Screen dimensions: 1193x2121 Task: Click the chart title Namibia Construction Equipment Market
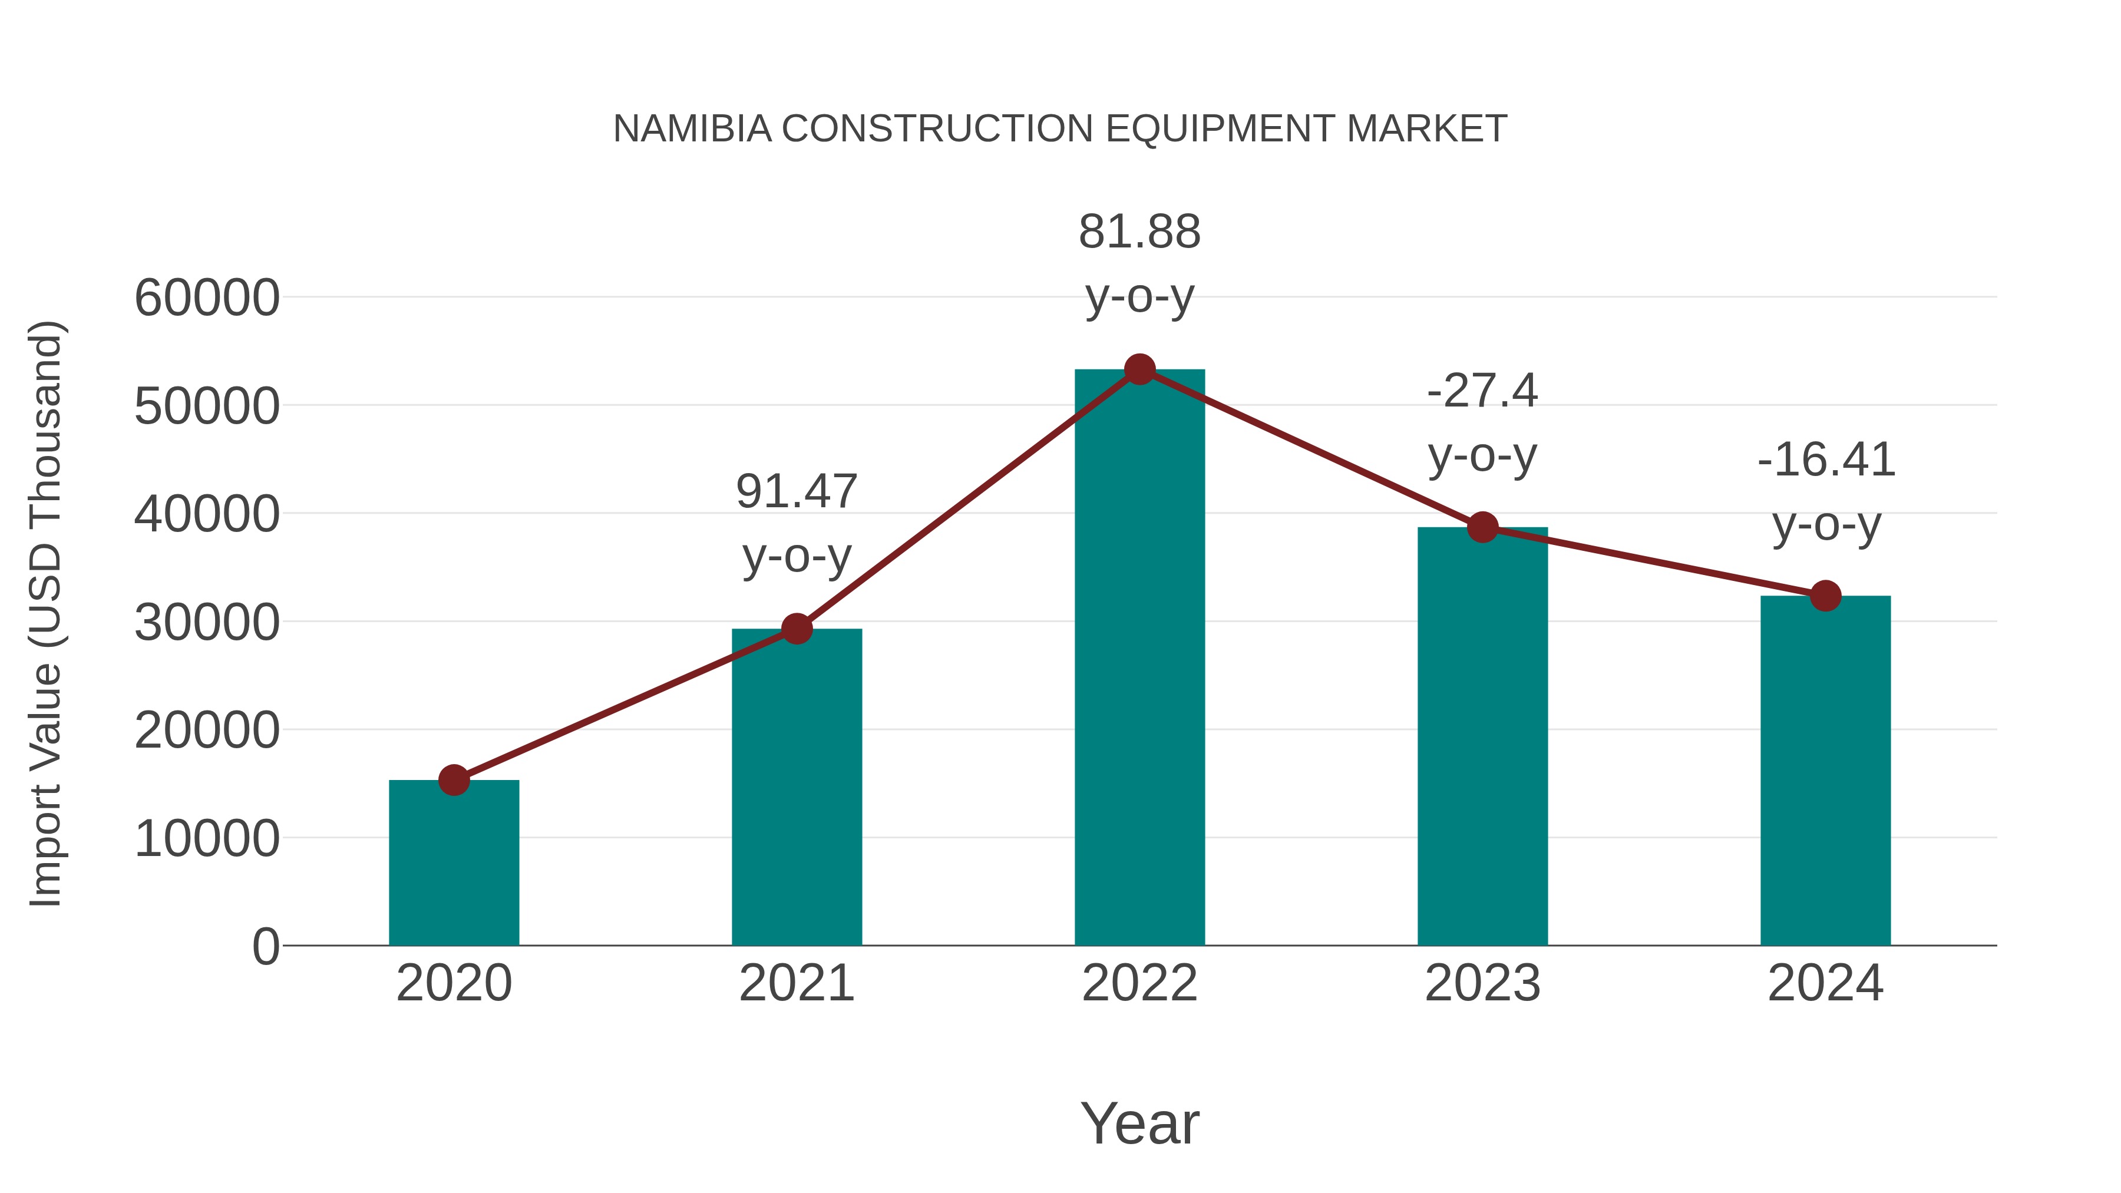click(x=1060, y=129)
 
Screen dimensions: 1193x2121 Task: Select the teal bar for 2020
click(x=454, y=864)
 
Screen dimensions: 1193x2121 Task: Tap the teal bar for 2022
click(x=1139, y=659)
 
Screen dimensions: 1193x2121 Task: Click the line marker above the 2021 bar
click(x=796, y=629)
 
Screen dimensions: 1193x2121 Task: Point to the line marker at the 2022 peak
click(x=1139, y=369)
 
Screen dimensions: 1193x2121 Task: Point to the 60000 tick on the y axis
click(x=207, y=298)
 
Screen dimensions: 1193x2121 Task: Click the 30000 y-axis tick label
click(x=207, y=623)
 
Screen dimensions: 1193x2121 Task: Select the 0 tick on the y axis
click(x=265, y=947)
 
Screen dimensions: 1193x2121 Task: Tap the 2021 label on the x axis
click(x=796, y=983)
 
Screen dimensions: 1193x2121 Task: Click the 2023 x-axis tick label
click(x=1482, y=983)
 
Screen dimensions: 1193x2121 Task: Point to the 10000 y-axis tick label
click(x=207, y=839)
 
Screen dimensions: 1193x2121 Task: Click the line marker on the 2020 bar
click(x=454, y=779)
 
